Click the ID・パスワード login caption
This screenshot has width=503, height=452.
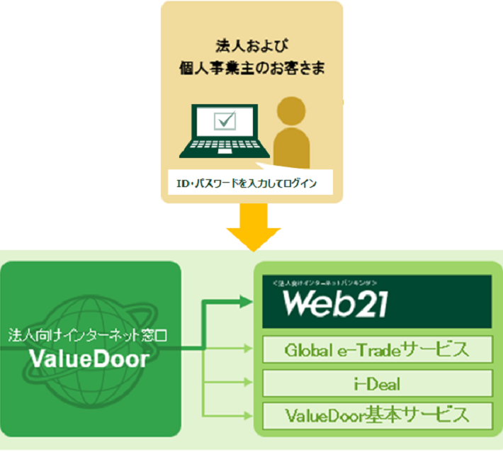(245, 184)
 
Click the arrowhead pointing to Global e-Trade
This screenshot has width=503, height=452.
(249, 349)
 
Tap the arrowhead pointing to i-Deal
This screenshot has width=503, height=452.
(249, 383)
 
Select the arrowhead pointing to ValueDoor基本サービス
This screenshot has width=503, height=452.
(249, 414)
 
